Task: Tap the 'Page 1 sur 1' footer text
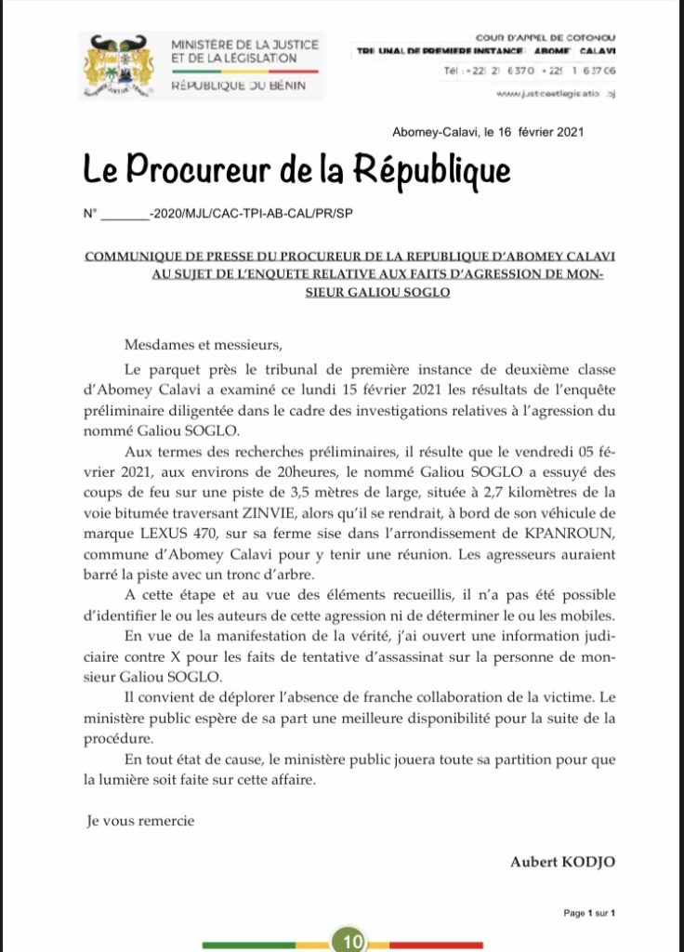coord(589,914)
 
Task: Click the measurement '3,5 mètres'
coord(328,496)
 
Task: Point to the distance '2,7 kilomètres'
coord(515,496)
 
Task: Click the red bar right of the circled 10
coord(436,945)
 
